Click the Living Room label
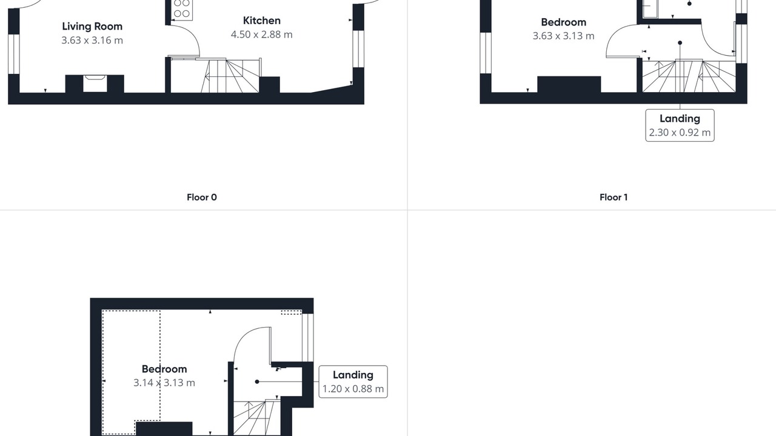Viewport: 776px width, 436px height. (x=92, y=27)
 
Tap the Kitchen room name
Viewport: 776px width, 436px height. (x=261, y=21)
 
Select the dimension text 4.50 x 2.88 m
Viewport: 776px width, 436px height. (x=261, y=35)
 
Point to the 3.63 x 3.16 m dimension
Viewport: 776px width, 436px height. (x=92, y=41)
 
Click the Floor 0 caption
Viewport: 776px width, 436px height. (x=202, y=197)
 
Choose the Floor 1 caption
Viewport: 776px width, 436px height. (x=614, y=197)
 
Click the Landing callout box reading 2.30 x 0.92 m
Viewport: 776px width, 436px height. (x=680, y=125)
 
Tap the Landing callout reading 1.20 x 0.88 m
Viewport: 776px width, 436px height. (x=353, y=381)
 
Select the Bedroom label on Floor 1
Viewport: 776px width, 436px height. (x=564, y=22)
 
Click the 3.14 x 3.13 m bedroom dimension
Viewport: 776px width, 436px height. (x=164, y=383)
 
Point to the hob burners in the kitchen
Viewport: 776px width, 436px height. (x=182, y=8)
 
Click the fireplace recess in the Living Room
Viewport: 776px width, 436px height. (x=95, y=84)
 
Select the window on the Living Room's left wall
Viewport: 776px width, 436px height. (x=14, y=54)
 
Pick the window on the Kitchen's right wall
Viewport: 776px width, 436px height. (x=358, y=49)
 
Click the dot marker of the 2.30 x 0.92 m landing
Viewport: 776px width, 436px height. (x=680, y=43)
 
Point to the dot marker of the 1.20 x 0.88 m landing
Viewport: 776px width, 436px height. (x=257, y=381)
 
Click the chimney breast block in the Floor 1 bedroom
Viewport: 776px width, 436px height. (x=569, y=84)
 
